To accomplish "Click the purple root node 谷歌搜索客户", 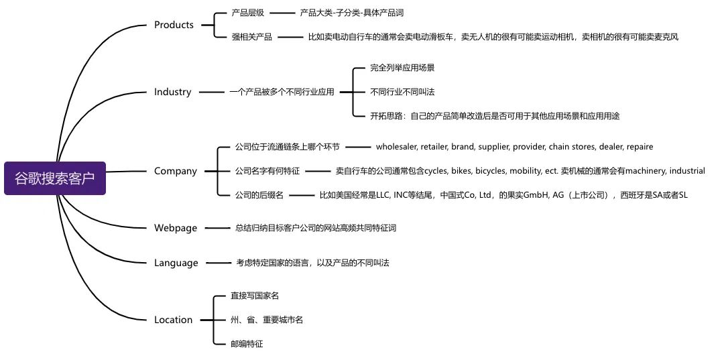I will (55, 178).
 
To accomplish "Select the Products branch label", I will (174, 25).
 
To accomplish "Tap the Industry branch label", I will (172, 92).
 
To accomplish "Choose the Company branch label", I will (176, 171).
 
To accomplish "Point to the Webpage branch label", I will (176, 228).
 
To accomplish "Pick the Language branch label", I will (176, 263).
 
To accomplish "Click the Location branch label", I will (173, 320).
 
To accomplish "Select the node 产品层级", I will (248, 13).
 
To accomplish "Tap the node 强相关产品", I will (252, 37).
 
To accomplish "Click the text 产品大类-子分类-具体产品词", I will (352, 13).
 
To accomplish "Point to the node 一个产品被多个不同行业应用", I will (282, 92).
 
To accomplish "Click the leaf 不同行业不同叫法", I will (398, 92).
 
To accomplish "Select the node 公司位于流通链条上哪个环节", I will (288, 147).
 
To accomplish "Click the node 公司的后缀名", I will (259, 195).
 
